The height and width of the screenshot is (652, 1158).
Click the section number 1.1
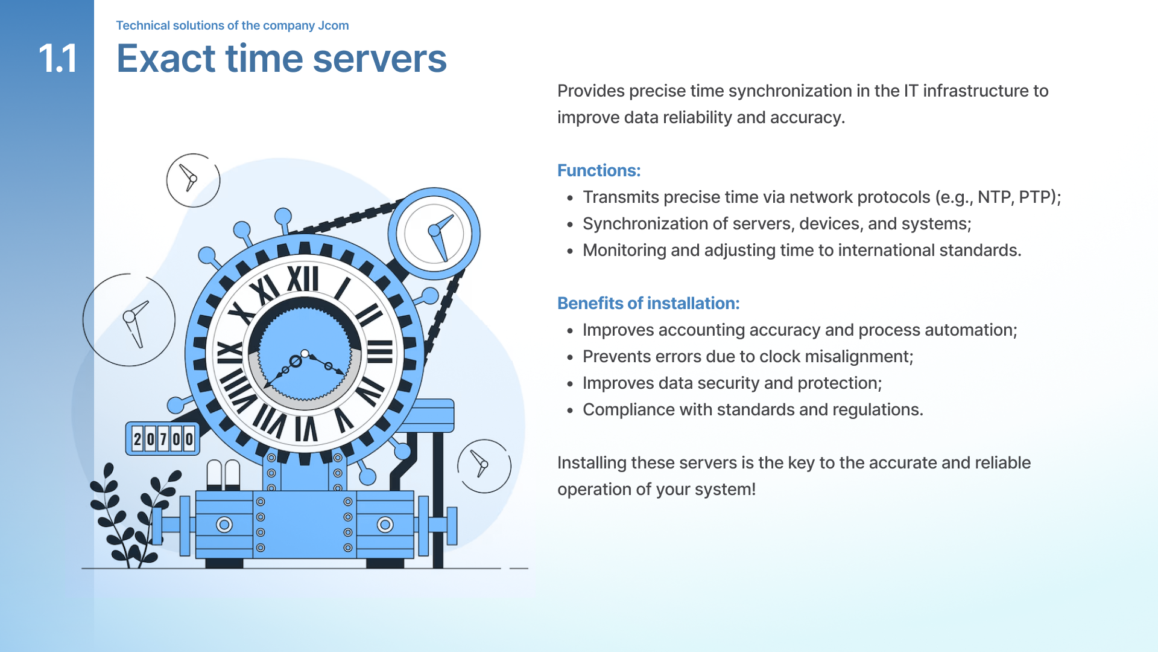58,59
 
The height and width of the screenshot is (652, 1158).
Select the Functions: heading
598,170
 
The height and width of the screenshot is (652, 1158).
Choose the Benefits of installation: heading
648,303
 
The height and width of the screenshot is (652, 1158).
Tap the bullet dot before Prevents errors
570,357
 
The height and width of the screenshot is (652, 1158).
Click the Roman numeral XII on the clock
302,280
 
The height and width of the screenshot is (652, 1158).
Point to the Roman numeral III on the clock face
380,351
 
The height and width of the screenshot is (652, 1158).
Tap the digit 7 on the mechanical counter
163,439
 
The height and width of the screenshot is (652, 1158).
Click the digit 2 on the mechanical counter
138,439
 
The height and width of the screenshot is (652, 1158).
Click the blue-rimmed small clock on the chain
434,233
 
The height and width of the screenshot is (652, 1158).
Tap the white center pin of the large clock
305,354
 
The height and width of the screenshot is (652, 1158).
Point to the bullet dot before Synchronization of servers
570,225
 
